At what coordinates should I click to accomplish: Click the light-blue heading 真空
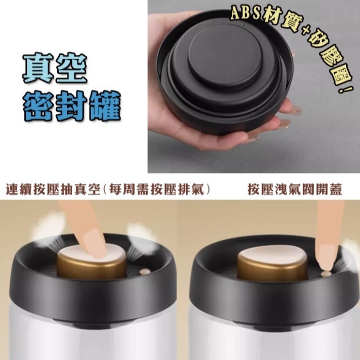pos(55,68)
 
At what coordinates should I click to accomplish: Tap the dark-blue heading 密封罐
pos(72,106)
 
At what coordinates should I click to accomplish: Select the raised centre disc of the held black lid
pos(225,58)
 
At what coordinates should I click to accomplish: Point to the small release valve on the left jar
pos(145,272)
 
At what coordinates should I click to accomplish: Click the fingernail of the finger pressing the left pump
pos(95,244)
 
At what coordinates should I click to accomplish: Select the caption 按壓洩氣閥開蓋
pos(295,190)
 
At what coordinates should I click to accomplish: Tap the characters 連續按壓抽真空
pos(53,190)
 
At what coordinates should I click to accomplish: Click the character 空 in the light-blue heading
pos(72,68)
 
